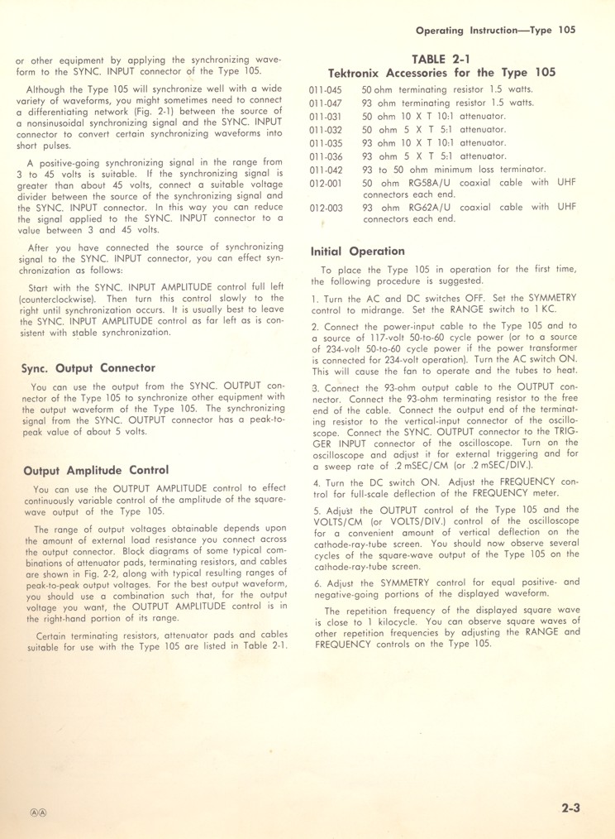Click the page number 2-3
569,808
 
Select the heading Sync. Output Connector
88,367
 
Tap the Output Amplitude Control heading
96,471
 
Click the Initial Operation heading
357,251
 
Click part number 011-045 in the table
326,89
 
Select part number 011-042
326,169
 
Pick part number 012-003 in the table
326,208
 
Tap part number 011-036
326,156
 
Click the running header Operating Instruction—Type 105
495,30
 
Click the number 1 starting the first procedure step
314,297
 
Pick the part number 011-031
326,116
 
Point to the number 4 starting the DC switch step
315,482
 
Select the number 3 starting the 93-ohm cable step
315,388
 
